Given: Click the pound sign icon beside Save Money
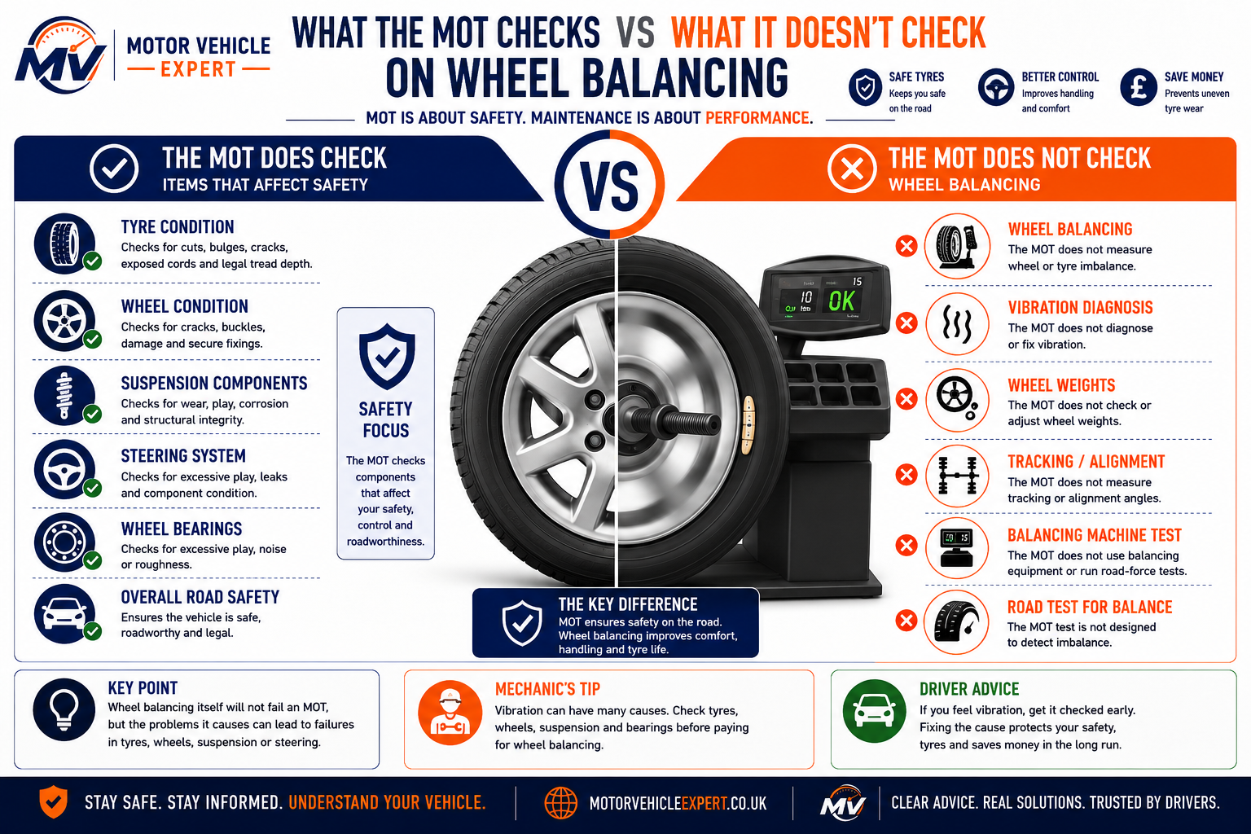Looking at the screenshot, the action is (x=1138, y=86).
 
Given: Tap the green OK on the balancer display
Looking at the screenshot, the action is (x=841, y=301).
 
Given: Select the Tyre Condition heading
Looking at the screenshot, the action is (x=178, y=226).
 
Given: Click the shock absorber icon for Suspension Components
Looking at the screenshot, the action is (x=65, y=396).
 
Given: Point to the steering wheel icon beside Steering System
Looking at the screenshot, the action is (x=65, y=469).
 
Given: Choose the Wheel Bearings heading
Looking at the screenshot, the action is (x=182, y=529).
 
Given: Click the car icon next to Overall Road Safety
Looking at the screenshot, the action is (x=65, y=613).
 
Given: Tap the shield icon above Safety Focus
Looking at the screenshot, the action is (x=387, y=357).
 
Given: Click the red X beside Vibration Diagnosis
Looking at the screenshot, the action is (x=906, y=323).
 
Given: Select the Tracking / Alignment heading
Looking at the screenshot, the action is (x=1086, y=462).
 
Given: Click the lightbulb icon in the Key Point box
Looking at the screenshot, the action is (x=64, y=709).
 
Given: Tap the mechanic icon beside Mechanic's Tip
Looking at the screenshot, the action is (x=450, y=712).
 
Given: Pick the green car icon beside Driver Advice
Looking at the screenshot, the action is (x=874, y=711).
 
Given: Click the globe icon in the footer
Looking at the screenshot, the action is (x=560, y=803).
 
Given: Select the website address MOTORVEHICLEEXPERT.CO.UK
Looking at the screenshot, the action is (x=678, y=803).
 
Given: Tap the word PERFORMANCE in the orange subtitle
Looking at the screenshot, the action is (x=757, y=118).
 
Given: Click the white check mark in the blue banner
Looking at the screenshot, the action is (x=114, y=169).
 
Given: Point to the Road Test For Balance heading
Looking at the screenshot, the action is (x=1090, y=607).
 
